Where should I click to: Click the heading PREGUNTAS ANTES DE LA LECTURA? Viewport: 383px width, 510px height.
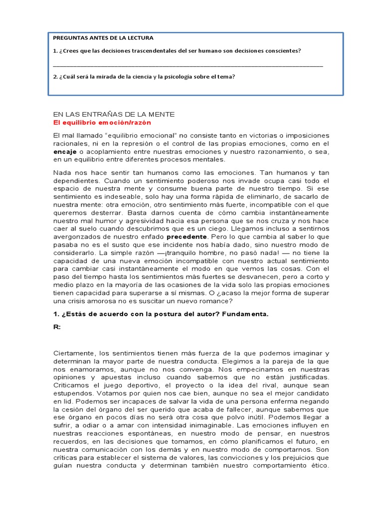(x=103, y=38)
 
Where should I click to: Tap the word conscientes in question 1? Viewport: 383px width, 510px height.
(x=283, y=51)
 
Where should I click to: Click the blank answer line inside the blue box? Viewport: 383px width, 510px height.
(x=188, y=66)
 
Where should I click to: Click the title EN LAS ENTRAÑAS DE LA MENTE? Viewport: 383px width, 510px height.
(x=114, y=114)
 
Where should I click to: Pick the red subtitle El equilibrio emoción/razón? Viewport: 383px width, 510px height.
(x=102, y=122)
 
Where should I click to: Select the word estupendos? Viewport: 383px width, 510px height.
(x=74, y=393)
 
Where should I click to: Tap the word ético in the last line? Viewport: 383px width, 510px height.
(x=317, y=465)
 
